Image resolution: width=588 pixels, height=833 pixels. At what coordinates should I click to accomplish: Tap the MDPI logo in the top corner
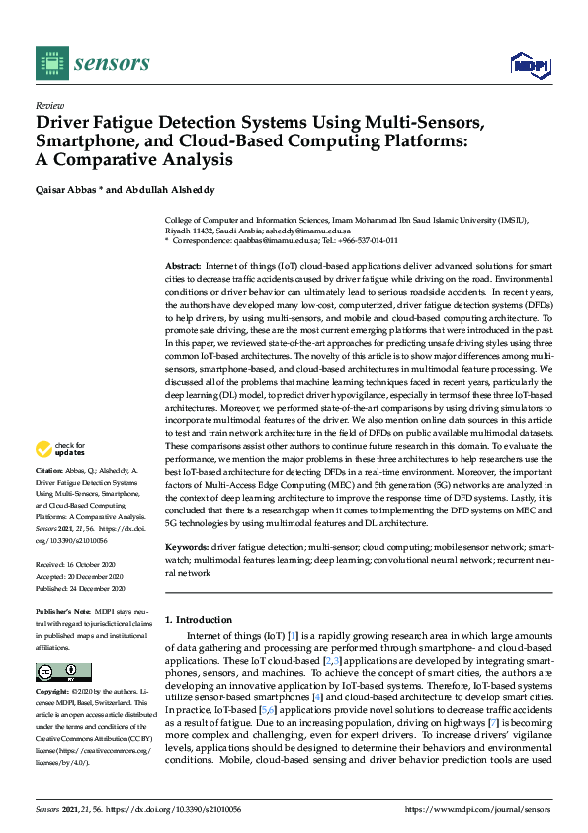528,65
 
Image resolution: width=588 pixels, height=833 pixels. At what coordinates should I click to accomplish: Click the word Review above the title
49,104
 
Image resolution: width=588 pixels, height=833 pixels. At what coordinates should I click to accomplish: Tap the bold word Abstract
182,267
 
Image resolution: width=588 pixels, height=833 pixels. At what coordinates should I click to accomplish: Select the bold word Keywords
186,546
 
